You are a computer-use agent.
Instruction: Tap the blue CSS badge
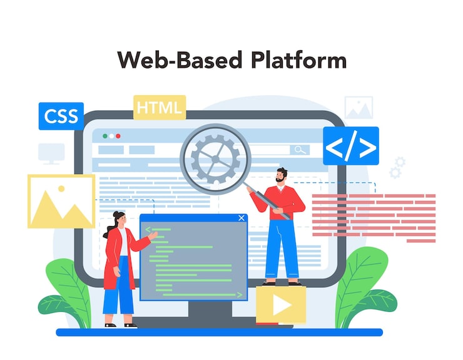coord(61,116)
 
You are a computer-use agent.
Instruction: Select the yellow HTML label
coord(160,107)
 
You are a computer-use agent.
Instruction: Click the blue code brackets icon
coord(350,146)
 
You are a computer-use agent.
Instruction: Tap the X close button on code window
coord(242,219)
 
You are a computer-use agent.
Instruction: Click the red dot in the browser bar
coord(119,135)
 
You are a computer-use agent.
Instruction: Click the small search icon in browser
coord(300,150)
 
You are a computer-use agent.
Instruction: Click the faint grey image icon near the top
coord(359,108)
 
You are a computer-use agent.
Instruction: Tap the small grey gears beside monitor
coord(397,167)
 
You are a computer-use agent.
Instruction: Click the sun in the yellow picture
coord(61,187)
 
